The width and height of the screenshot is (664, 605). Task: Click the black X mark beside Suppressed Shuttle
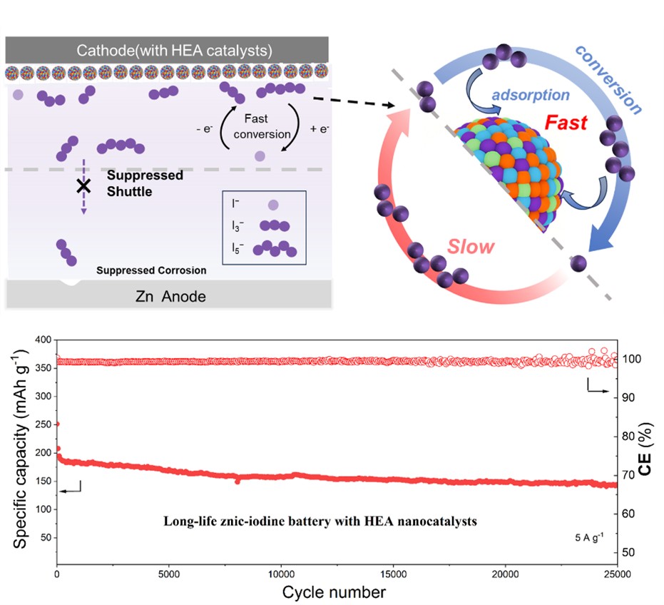[x=83, y=186]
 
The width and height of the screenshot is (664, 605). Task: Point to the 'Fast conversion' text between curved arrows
[x=267, y=126]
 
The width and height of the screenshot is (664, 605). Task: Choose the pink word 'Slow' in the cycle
[x=471, y=247]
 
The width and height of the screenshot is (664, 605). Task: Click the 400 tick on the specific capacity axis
[x=44, y=339]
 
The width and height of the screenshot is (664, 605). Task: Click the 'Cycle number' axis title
[x=334, y=592]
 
